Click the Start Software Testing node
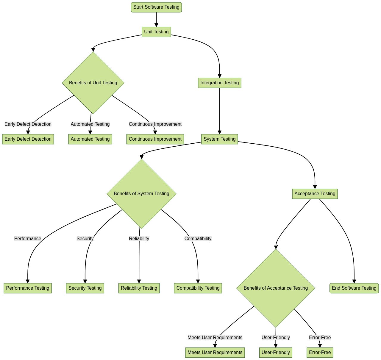[156, 7]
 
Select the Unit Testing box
[156, 32]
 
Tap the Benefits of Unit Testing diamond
[93, 83]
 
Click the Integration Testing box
[220, 83]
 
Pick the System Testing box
[220, 139]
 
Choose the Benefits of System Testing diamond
[141, 194]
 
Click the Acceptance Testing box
[315, 194]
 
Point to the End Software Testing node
[354, 288]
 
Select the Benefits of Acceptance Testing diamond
[276, 288]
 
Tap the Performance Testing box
[28, 288]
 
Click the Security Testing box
[85, 288]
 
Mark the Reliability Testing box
[139, 288]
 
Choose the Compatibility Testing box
[198, 288]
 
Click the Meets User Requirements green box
[215, 353]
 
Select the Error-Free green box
[320, 353]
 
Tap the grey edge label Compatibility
[198, 239]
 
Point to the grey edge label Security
[85, 239]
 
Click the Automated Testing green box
[90, 139]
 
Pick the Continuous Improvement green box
[155, 139]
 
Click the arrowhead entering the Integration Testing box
[220, 76]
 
